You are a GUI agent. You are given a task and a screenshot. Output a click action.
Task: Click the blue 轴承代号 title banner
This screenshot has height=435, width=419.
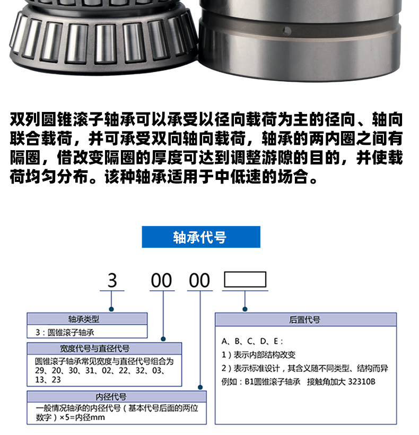click(x=201, y=237)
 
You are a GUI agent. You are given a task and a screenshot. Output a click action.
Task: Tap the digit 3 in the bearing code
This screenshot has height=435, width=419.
click(x=112, y=281)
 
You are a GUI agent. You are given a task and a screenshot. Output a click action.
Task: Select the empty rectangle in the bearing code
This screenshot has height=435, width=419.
click(x=245, y=280)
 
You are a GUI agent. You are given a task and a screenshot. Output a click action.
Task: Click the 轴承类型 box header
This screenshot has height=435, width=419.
click(x=87, y=319)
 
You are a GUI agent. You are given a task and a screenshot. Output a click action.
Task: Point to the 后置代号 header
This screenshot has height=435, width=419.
click(x=305, y=319)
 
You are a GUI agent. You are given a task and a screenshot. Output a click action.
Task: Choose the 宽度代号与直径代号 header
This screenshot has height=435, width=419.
click(x=104, y=349)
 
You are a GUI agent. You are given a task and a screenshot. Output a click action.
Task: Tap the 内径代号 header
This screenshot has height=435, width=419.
click(x=117, y=397)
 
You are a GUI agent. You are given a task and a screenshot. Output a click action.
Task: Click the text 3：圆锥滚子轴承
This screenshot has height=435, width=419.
click(x=65, y=333)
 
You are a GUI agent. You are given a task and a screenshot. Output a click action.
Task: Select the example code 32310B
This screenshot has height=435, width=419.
click(x=362, y=382)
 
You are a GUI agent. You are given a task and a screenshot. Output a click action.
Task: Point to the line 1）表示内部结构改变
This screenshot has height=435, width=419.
click(x=258, y=355)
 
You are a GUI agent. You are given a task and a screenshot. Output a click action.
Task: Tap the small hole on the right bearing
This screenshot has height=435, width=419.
click(x=287, y=31)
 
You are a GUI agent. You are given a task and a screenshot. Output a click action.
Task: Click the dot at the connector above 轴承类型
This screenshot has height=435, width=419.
click(x=111, y=309)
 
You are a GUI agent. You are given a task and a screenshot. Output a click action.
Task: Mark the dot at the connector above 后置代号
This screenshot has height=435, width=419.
click(x=245, y=309)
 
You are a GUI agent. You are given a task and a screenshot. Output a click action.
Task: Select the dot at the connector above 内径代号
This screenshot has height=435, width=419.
click(x=200, y=387)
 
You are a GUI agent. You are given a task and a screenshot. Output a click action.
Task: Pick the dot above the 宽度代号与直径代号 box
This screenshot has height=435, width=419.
click(x=163, y=339)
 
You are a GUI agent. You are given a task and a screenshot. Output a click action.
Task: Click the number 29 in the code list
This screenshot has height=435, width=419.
click(x=39, y=371)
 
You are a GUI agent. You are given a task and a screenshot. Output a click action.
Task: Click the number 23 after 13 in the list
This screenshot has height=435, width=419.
click(x=56, y=380)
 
